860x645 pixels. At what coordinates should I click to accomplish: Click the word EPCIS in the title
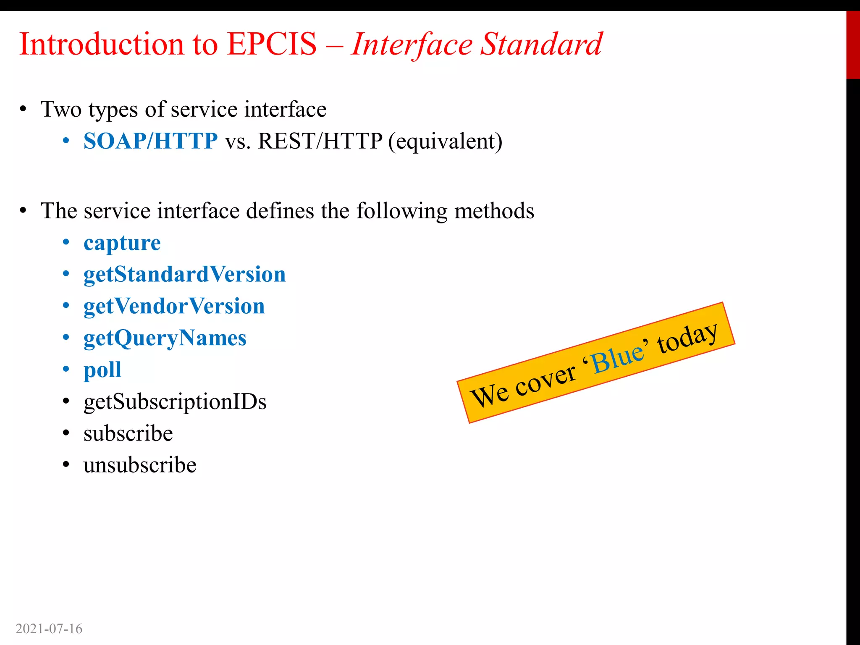[272, 44]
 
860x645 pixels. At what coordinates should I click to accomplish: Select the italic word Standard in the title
[541, 44]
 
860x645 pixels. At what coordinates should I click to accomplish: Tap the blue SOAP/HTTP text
[150, 141]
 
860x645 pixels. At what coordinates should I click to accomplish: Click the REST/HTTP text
[320, 141]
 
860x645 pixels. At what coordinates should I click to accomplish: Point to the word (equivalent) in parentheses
[445, 142]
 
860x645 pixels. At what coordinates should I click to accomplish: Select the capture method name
[122, 243]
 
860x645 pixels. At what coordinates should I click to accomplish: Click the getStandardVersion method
[184, 275]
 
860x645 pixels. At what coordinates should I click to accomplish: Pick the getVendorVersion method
[174, 306]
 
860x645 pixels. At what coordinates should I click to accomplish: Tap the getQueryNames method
[165, 338]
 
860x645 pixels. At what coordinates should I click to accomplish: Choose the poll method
[102, 370]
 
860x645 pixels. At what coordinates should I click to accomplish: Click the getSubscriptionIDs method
[175, 402]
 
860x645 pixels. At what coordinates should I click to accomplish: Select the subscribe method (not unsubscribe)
[128, 433]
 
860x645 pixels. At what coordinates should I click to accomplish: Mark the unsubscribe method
[140, 465]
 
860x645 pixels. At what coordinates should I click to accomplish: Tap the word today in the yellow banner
[687, 337]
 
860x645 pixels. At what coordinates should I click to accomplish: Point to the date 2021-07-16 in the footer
[49, 629]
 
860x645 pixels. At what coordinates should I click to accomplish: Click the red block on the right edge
[853, 45]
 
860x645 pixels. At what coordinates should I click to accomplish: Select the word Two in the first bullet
[61, 110]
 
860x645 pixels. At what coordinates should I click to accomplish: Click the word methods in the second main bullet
[494, 211]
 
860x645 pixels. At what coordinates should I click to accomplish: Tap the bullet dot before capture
[66, 242]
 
